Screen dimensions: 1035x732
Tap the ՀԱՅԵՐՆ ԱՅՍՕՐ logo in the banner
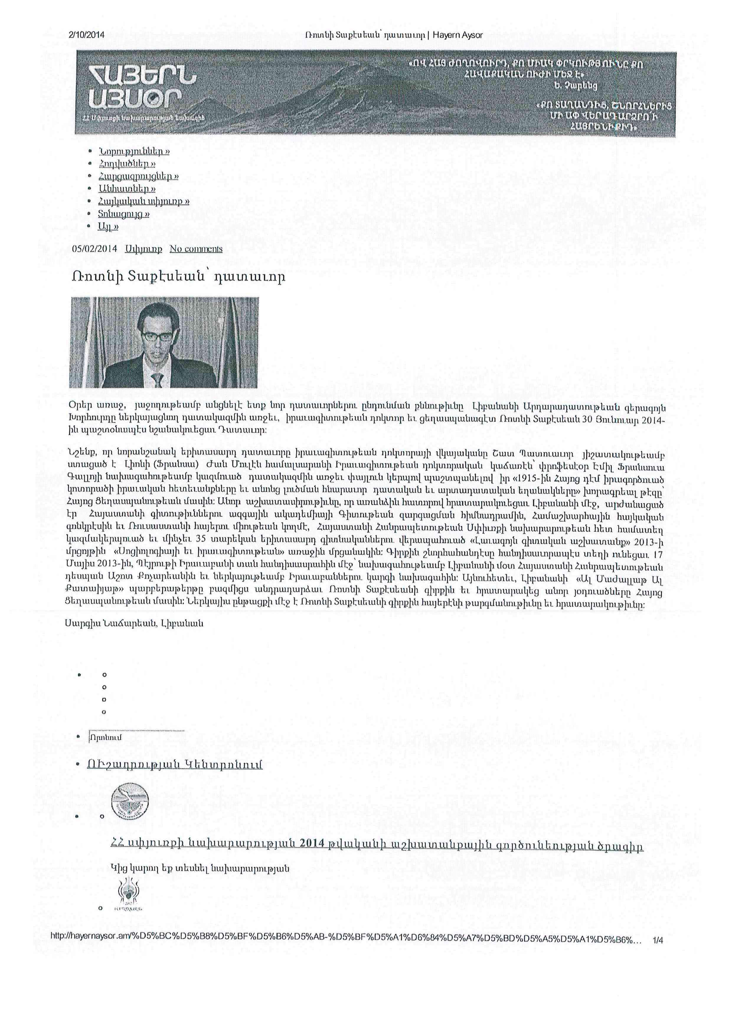pyautogui.click(x=143, y=87)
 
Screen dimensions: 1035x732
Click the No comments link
pyautogui.click(x=196, y=249)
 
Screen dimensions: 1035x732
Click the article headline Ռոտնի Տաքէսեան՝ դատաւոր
pyautogui.click(x=177, y=276)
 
